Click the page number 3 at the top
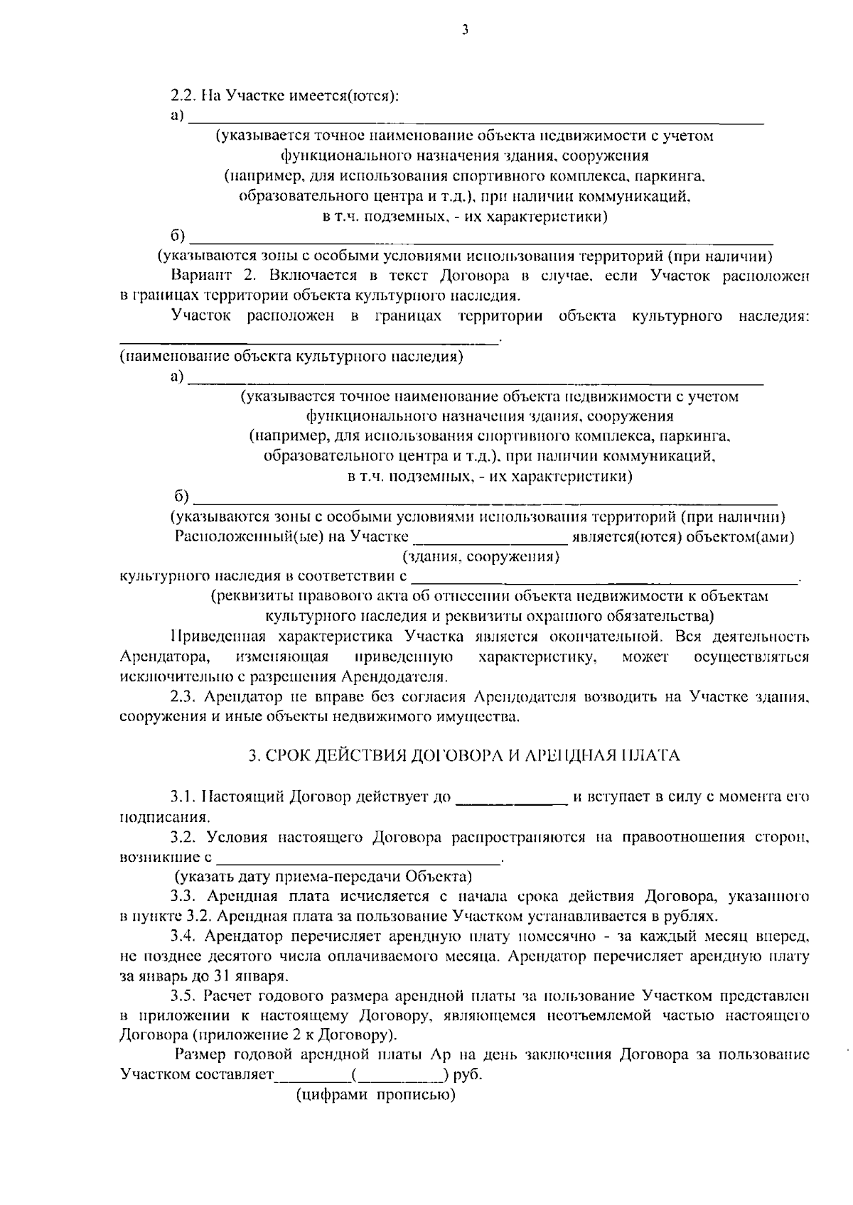click(x=464, y=30)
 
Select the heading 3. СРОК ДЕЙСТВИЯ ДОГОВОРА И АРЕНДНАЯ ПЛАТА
click(x=463, y=755)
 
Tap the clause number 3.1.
click(x=185, y=796)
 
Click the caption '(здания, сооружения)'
click(x=481, y=557)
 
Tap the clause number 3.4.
click(x=185, y=936)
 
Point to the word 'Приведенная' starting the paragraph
click(x=213, y=637)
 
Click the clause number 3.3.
click(x=185, y=896)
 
